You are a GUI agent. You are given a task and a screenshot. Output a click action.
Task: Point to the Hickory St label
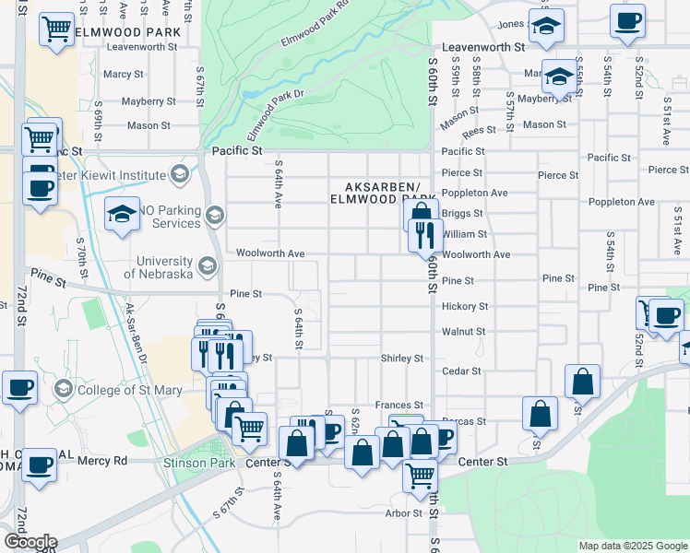(464, 306)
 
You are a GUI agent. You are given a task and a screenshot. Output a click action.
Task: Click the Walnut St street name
(463, 331)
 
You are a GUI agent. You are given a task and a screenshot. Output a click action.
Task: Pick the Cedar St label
(462, 371)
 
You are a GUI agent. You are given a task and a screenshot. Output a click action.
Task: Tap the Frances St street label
(399, 406)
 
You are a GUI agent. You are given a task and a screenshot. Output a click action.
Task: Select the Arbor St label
(404, 513)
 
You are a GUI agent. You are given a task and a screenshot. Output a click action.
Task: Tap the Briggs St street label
(462, 213)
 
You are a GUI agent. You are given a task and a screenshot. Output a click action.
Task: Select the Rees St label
(480, 131)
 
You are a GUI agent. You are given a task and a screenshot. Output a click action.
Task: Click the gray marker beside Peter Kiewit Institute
(179, 174)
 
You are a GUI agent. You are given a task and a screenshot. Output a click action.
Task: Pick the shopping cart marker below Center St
(421, 475)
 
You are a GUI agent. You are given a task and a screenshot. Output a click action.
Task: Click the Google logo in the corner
(30, 542)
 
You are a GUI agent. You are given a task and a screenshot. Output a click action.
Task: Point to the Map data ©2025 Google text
(632, 546)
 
